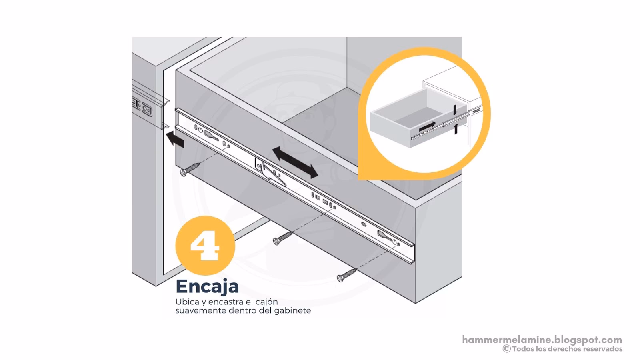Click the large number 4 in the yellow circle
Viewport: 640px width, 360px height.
pos(205,245)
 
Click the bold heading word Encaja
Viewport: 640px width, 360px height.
pos(207,286)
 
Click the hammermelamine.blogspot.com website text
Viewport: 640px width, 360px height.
pos(542,340)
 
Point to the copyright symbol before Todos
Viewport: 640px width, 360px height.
pos(506,349)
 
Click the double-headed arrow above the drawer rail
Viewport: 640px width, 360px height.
pos(295,162)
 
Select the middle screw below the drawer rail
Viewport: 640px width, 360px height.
pos(282,238)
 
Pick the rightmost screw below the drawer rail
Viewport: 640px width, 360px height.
pos(346,275)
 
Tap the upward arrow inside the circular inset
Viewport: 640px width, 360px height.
pos(455,129)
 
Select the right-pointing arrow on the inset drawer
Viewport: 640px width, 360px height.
pos(427,127)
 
